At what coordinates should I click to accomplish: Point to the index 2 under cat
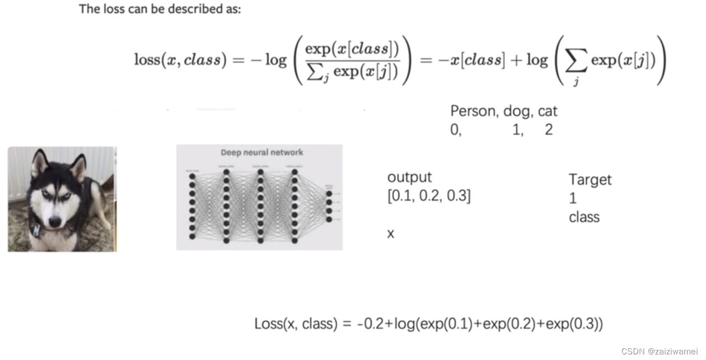[548, 130]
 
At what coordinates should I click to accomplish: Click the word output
[409, 177]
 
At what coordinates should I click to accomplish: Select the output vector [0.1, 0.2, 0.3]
[429, 197]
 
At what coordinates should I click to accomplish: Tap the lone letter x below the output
[391, 233]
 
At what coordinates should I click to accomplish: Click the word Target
[590, 180]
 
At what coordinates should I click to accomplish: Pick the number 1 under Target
[572, 198]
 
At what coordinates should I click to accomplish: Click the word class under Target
[584, 217]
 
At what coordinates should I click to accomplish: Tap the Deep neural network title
[261, 152]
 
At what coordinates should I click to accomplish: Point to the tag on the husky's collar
[36, 230]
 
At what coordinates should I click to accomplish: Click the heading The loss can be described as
[160, 9]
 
